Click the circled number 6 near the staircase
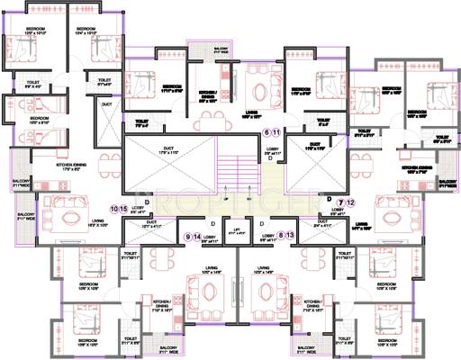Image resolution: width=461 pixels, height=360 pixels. point(267,132)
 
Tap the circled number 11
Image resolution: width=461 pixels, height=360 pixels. point(278,132)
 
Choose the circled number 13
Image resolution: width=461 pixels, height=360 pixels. point(291,236)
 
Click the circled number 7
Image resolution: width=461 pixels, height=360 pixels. point(341,202)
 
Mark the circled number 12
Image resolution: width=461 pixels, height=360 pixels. point(352,202)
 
